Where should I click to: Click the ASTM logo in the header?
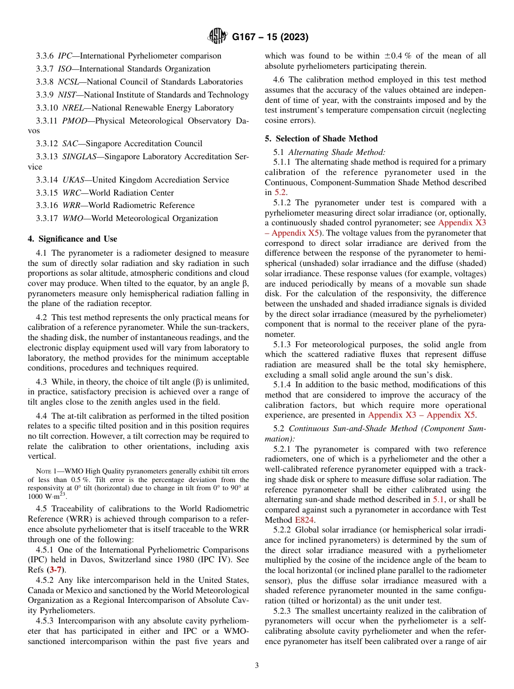[x=218, y=37]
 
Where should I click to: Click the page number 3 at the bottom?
[x=257, y=665]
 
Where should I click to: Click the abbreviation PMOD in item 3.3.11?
[x=74, y=121]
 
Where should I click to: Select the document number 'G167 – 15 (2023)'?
[x=270, y=37]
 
